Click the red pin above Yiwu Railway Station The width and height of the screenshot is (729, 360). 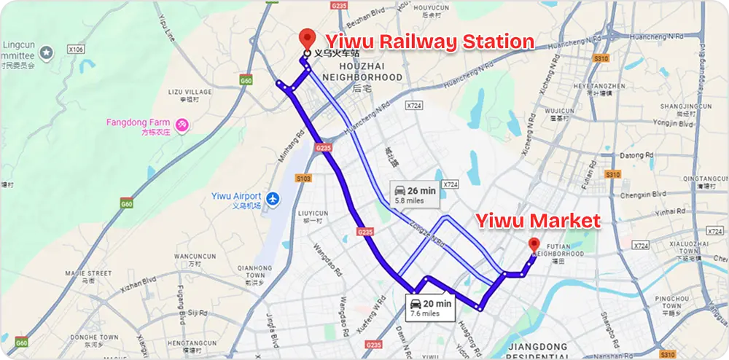(307, 39)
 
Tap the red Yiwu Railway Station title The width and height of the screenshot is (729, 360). (429, 42)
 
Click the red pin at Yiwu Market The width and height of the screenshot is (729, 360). (534, 244)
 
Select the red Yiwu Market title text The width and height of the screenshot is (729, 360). (538, 220)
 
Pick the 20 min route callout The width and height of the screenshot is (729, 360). (430, 308)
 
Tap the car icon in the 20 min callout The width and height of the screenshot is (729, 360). (416, 303)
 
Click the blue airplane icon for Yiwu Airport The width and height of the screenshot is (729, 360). (273, 198)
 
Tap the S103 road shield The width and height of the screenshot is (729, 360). (304, 178)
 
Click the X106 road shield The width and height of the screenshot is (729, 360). (74, 50)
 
